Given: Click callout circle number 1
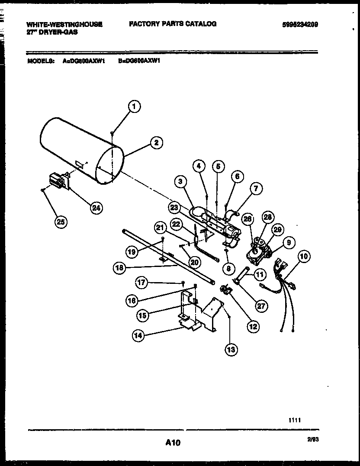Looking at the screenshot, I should [135, 106].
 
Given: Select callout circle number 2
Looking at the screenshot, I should [156, 142].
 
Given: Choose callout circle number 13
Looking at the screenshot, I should [231, 349].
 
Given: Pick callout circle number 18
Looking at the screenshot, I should [120, 268].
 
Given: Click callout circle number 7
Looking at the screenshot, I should [256, 188].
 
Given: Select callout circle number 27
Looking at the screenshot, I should [261, 306].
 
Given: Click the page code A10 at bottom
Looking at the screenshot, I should [172, 443].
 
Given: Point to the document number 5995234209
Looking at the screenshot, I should [299, 25].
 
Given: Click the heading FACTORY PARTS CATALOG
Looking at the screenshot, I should [173, 24].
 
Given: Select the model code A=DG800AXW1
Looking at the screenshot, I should [84, 61].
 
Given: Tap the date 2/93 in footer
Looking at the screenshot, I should [313, 439].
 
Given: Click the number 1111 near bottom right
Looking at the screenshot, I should [295, 420].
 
